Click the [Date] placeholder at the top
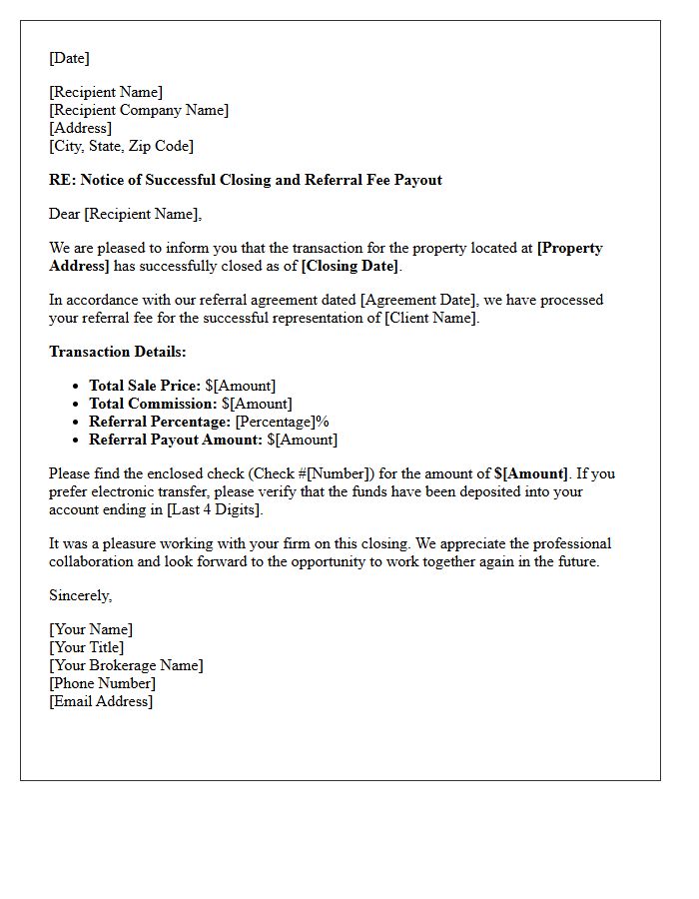[69, 58]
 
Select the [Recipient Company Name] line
[139, 110]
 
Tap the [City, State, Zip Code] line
[121, 146]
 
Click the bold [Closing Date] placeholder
[349, 266]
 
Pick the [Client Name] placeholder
[431, 318]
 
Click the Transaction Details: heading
[118, 352]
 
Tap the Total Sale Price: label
[145, 386]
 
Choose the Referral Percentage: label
[160, 422]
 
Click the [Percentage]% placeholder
[282, 422]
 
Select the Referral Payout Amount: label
[176, 440]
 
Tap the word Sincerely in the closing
[80, 595]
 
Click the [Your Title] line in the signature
[87, 647]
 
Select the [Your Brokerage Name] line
[126, 665]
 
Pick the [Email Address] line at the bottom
[101, 701]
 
